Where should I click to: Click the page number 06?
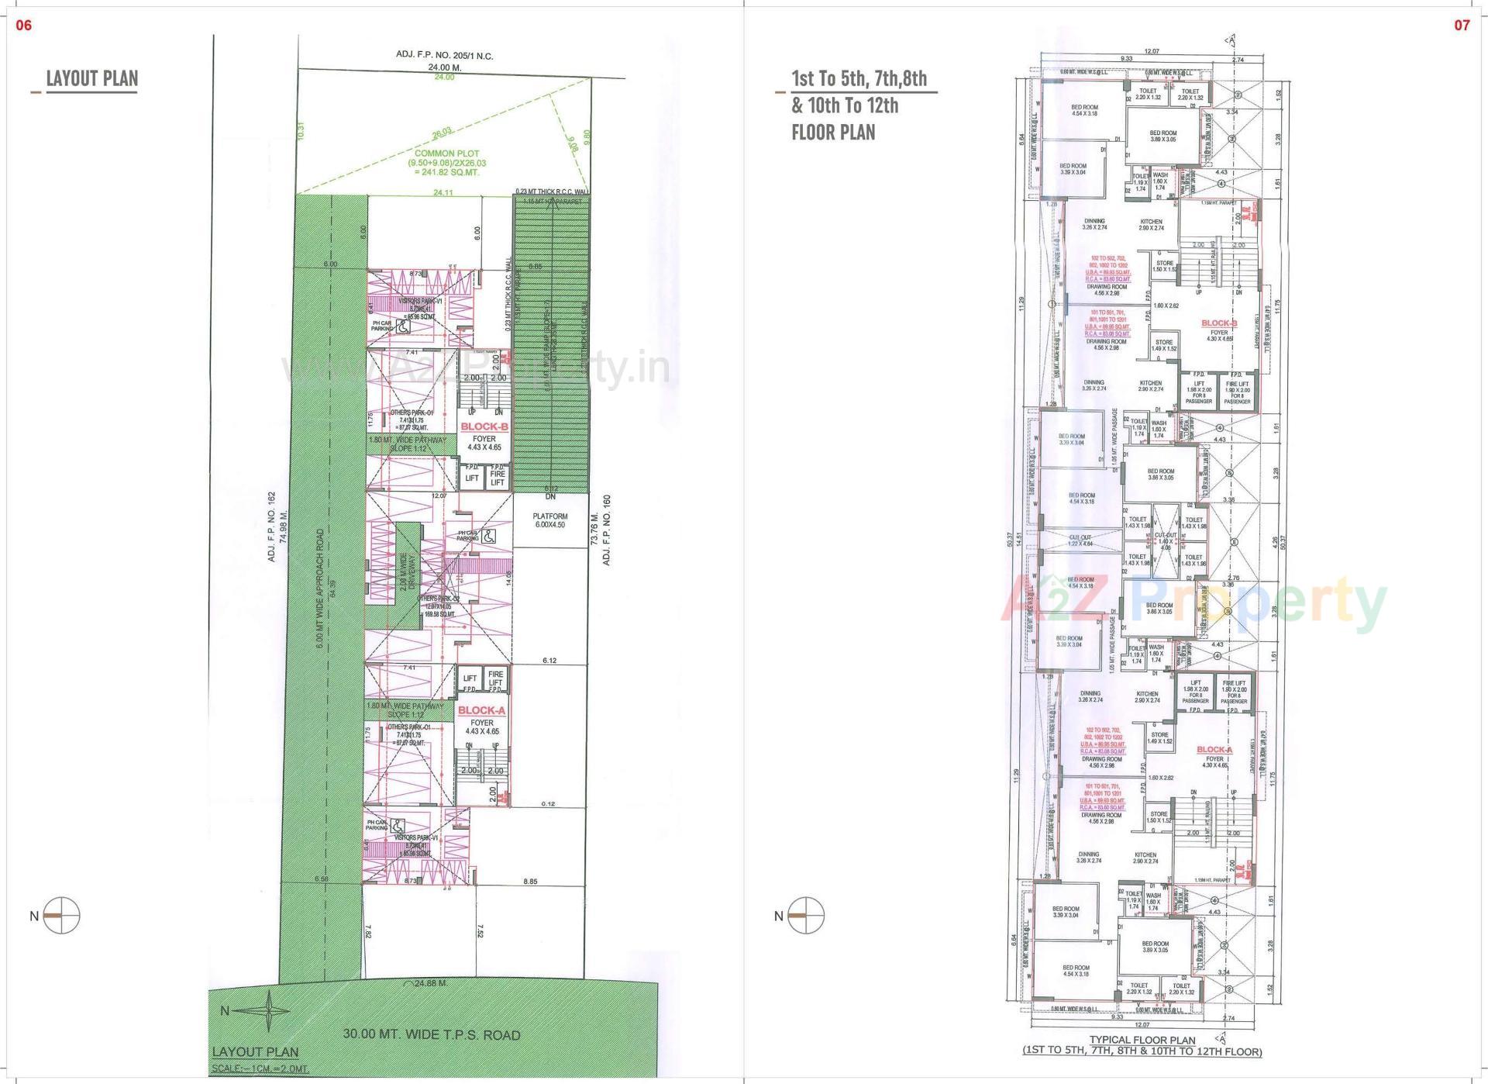(24, 26)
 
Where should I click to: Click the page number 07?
(1462, 26)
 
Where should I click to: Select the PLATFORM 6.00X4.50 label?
(549, 520)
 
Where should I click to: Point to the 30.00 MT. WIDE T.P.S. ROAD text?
(432, 1034)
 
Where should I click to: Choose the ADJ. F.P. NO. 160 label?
(607, 530)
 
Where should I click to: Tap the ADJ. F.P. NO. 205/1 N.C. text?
(444, 56)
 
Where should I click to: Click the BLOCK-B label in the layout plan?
(484, 426)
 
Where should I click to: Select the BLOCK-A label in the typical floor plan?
(1214, 750)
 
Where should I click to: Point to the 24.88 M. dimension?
(431, 983)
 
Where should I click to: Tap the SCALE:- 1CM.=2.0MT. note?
(260, 1069)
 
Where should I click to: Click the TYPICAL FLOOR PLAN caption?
(1142, 1040)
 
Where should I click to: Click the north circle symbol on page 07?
(806, 916)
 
